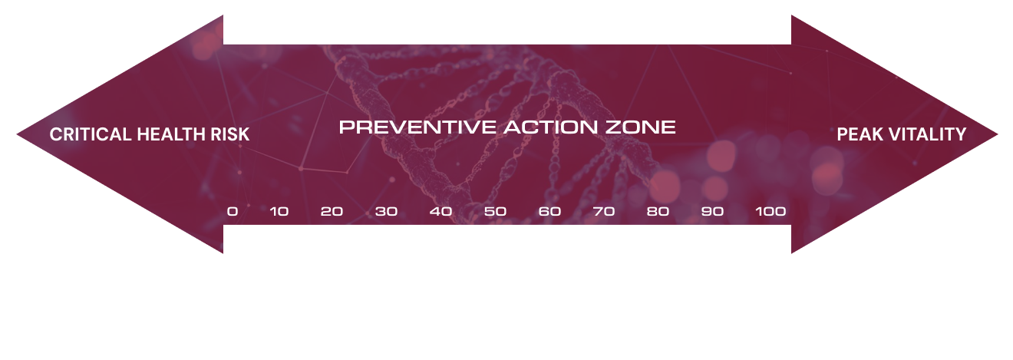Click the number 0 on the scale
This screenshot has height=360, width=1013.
(233, 211)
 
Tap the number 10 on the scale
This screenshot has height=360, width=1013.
(279, 211)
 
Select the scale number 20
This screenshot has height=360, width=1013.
(332, 211)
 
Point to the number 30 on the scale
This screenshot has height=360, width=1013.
(386, 211)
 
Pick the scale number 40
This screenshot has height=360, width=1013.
(441, 211)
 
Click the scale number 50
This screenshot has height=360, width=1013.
(495, 211)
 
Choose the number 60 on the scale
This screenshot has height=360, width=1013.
(549, 211)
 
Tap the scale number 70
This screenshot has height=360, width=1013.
(604, 211)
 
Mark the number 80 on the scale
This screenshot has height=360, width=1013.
(658, 211)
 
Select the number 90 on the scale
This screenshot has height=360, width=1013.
(712, 211)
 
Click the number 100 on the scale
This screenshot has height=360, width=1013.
(770, 211)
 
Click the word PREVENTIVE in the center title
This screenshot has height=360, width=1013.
(417, 127)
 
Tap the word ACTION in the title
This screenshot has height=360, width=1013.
(551, 127)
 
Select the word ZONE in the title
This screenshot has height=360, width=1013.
(641, 127)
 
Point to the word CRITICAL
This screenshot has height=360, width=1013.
(91, 134)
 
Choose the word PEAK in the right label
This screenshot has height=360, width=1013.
(860, 134)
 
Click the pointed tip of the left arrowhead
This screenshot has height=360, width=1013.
(17, 134)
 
